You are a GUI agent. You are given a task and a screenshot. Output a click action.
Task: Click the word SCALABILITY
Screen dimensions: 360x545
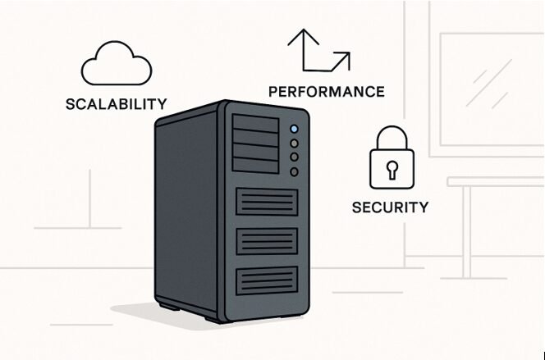116,105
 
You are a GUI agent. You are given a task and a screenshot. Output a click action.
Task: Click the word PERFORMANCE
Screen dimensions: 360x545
326,91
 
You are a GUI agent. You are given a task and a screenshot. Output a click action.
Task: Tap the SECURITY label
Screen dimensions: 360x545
390,207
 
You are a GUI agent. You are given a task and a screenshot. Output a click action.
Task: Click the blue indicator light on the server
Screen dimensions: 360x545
293,129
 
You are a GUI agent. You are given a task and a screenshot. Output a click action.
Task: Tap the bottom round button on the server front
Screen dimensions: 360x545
293,171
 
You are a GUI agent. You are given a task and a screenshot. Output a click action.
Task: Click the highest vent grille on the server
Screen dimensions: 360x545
267,202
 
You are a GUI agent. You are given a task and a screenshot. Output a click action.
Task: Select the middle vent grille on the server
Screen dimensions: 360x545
267,241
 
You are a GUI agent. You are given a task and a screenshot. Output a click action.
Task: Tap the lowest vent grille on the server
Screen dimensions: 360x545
267,281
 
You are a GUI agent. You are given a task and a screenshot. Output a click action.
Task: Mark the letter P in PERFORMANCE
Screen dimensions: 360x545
272,91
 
